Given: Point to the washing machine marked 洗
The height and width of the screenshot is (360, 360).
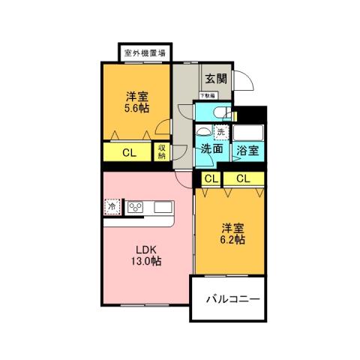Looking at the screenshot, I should (220, 132).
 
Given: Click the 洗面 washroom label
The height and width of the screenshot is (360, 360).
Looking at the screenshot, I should (211, 148).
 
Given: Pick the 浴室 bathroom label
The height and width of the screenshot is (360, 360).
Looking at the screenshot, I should (247, 150).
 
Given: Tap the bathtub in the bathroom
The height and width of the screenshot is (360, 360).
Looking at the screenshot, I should (247, 133).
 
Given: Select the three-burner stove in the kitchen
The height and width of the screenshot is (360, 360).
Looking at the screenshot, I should (136, 206).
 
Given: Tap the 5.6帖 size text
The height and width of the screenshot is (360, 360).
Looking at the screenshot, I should (136, 108).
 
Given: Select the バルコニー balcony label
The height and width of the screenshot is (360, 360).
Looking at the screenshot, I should (233, 299).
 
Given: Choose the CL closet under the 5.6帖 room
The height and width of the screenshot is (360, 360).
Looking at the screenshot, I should (128, 153).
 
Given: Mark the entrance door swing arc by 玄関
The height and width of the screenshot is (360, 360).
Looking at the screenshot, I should (244, 81).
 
